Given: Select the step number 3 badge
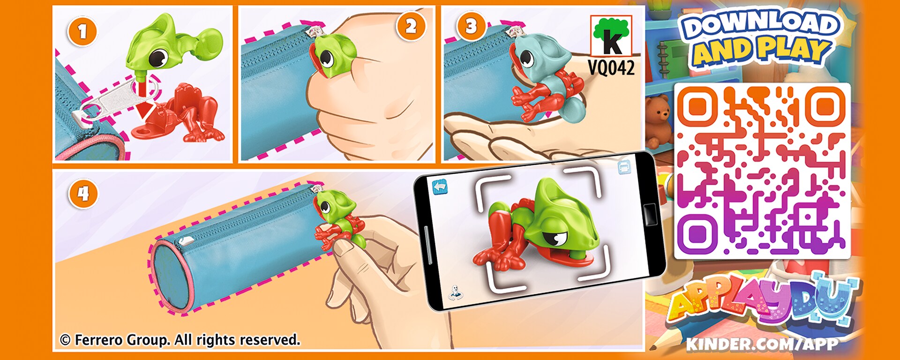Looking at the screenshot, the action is pyautogui.click(x=471, y=26).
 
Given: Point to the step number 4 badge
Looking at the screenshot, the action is pyautogui.click(x=83, y=194).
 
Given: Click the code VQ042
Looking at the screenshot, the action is pyautogui.click(x=611, y=68).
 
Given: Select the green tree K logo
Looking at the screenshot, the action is pyautogui.click(x=611, y=36).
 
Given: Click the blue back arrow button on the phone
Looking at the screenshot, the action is pyautogui.click(x=440, y=187).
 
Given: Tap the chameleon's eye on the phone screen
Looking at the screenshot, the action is pyautogui.click(x=557, y=237).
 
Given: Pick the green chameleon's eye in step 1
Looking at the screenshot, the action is pyautogui.click(x=158, y=58).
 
